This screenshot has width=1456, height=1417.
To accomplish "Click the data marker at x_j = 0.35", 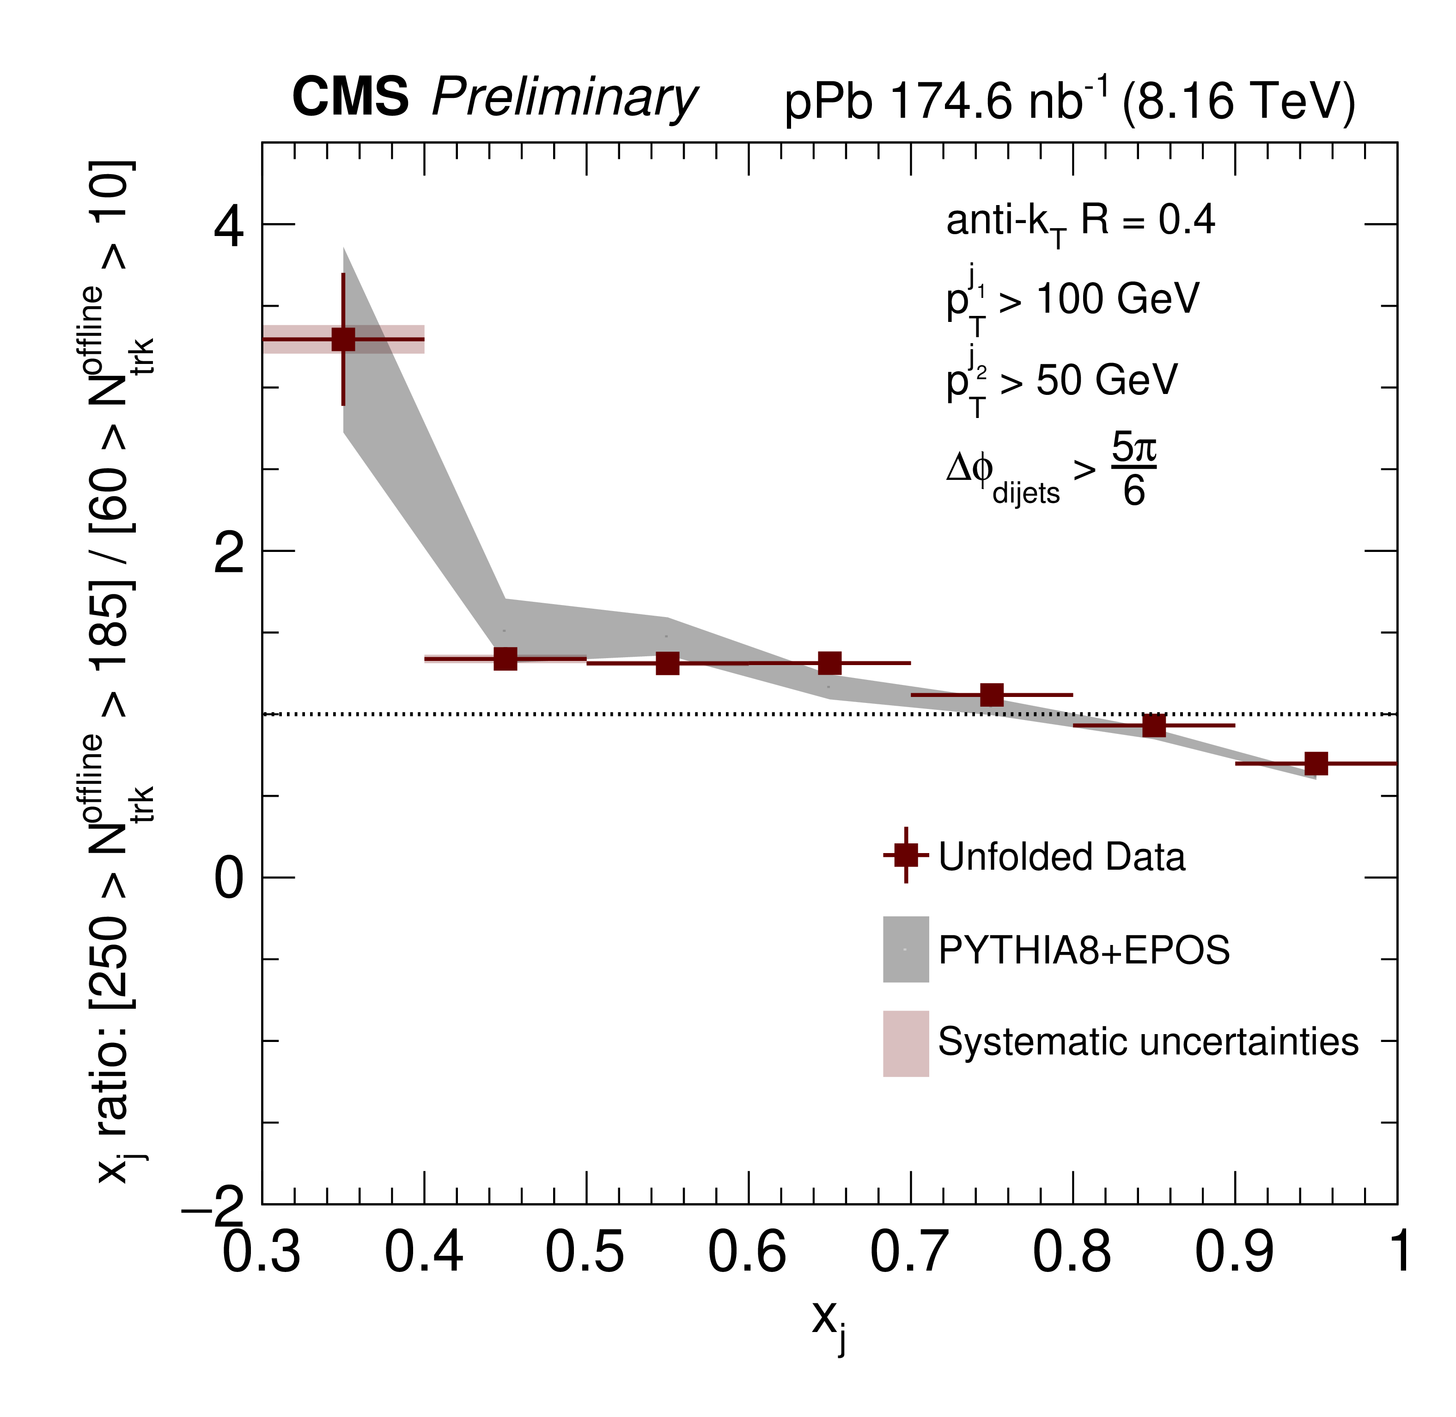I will click(x=343, y=339).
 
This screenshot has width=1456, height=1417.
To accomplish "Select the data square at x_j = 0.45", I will click(x=506, y=659).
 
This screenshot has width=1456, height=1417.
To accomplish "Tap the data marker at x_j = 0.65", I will click(x=830, y=663).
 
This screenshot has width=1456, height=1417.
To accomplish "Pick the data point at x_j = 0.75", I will click(x=992, y=695).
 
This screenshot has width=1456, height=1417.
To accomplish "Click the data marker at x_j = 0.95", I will click(x=1316, y=763).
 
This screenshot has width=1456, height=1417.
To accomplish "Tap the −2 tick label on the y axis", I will click(x=213, y=1209).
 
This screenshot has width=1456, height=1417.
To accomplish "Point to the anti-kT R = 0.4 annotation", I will click(x=1080, y=222).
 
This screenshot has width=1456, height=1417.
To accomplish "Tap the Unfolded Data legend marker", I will click(x=906, y=855).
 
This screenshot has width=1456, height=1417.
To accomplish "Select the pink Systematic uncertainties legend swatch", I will click(x=906, y=1043).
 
